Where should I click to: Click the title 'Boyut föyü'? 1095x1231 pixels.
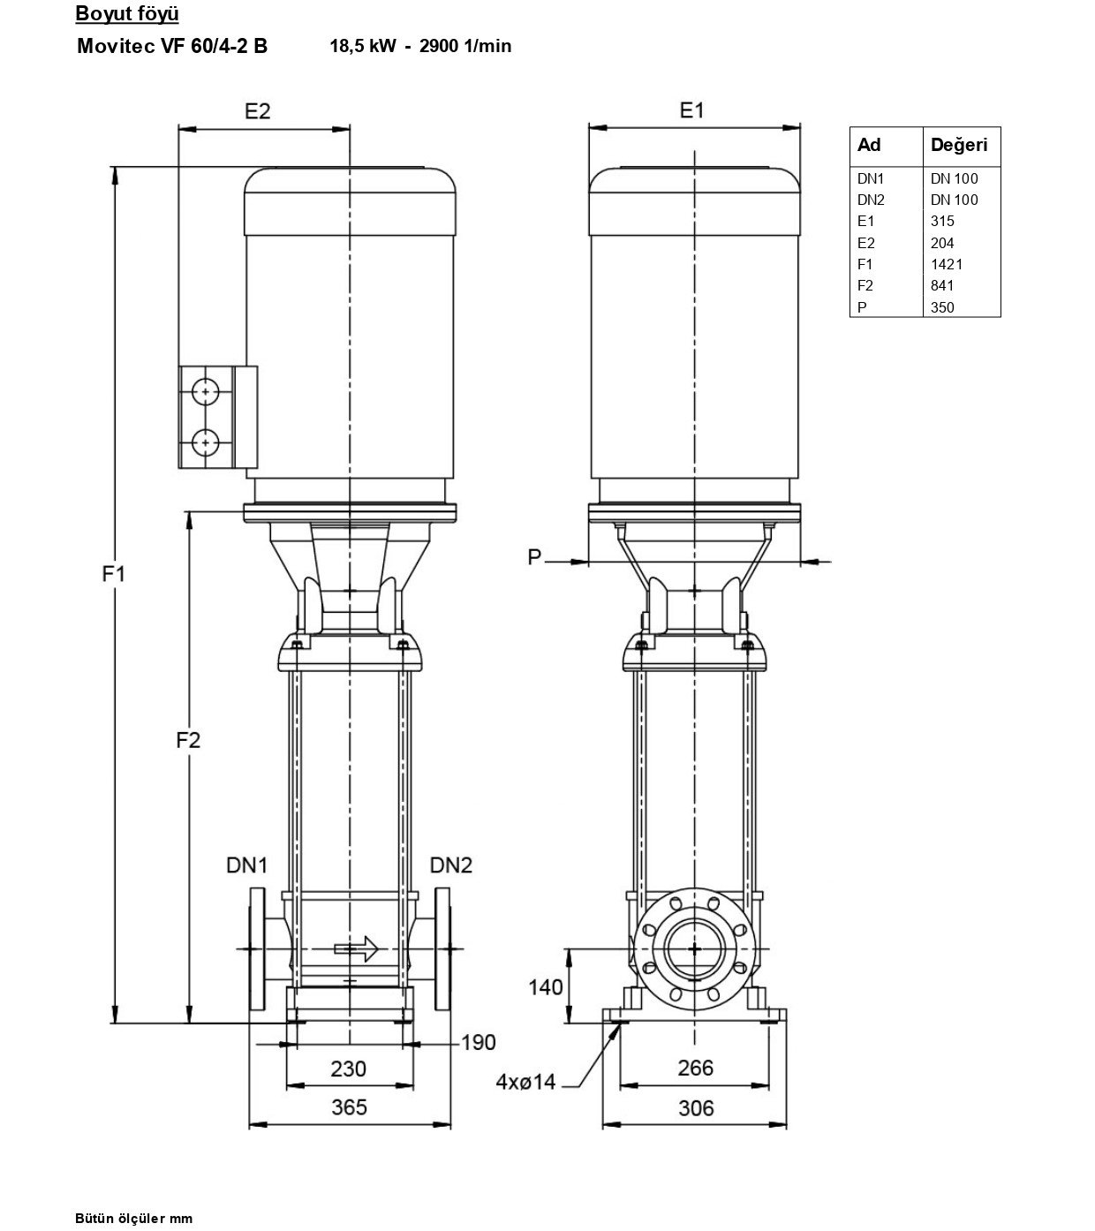point(127,13)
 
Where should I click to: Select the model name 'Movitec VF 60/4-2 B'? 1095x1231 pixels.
point(172,46)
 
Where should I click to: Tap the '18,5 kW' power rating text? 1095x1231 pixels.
point(363,46)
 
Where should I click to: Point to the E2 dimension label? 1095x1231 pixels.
point(257,111)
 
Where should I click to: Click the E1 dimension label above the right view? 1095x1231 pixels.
point(691,110)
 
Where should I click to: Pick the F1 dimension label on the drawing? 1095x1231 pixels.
point(114,574)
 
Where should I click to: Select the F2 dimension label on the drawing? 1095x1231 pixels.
point(188,739)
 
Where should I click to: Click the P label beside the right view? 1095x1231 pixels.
point(534,556)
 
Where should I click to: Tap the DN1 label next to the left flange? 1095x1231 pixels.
point(246,865)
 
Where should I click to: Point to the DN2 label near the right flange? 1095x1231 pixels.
point(451,865)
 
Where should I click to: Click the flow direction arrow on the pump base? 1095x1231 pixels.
point(357,948)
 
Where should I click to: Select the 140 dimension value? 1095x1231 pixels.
point(545,987)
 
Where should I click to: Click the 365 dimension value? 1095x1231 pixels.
point(349,1107)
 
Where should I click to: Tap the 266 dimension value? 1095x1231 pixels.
point(695,1068)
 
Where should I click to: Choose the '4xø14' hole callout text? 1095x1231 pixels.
point(525,1082)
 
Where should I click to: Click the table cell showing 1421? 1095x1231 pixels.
point(946,264)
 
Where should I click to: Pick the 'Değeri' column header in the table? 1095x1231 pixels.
point(959,145)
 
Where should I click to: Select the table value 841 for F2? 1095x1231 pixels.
point(942,285)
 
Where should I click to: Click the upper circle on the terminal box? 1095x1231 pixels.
point(206,392)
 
